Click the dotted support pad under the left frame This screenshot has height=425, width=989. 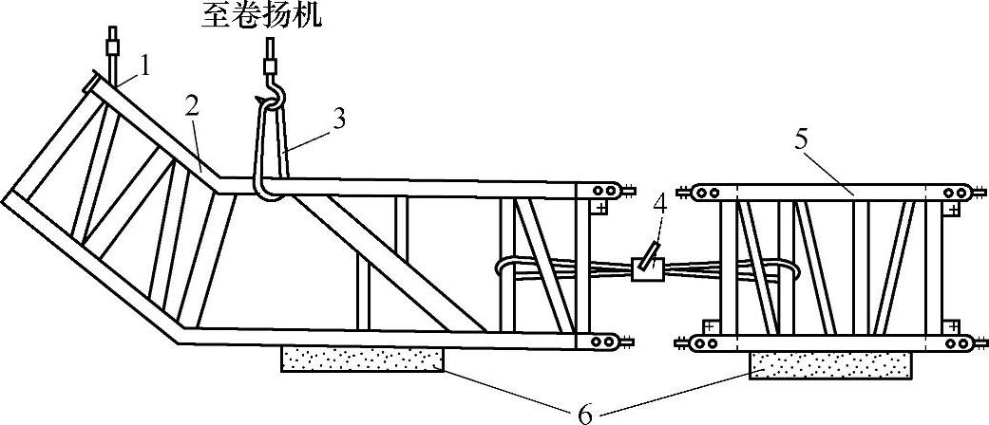362,359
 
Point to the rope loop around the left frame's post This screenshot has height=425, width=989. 514,268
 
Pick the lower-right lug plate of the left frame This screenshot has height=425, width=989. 607,341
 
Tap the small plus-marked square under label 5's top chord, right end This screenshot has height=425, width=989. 951,210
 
